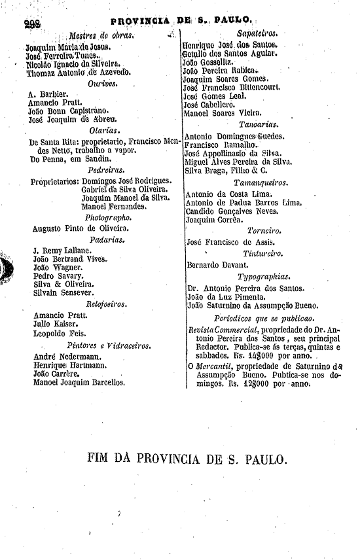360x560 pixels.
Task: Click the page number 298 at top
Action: pyautogui.click(x=32, y=24)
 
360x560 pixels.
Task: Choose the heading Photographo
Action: pyautogui.click(x=108, y=217)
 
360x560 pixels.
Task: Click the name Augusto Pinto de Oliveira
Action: pyautogui.click(x=81, y=228)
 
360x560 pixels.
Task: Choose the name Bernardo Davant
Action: pyautogui.click(x=217, y=265)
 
